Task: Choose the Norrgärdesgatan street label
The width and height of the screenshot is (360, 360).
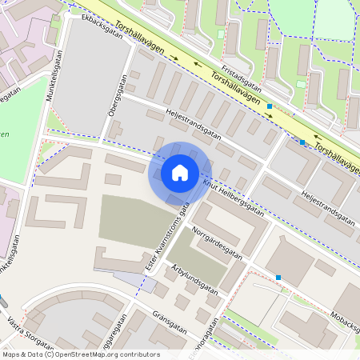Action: pos(217,242)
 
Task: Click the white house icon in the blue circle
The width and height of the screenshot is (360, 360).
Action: pos(180,173)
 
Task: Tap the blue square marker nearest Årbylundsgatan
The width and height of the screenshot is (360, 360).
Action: pos(278,278)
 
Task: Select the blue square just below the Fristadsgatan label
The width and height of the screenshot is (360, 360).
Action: pos(270,106)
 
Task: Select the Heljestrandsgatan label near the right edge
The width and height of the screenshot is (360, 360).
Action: pos(327,206)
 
